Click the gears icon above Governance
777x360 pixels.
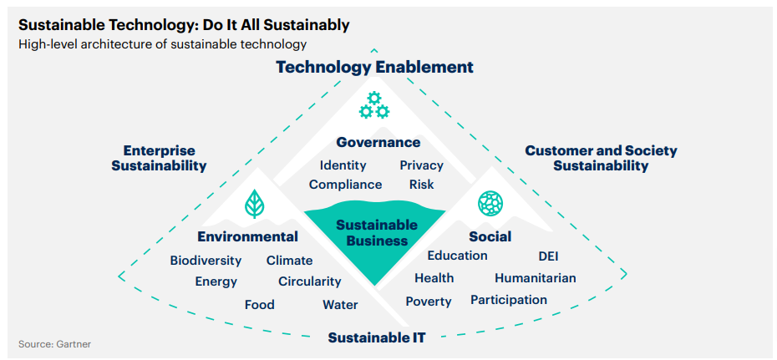coord(373,106)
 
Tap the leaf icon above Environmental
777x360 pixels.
coord(254,204)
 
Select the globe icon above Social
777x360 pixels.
coord(490,203)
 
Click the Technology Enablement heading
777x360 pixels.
coord(375,67)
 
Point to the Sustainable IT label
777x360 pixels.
coord(376,337)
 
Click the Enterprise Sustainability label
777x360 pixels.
coord(159,158)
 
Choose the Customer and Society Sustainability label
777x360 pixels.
coord(601,158)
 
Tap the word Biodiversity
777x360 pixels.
coord(206,261)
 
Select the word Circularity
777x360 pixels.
coord(309,281)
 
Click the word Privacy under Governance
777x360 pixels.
coord(421,165)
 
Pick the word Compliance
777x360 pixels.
coord(345,185)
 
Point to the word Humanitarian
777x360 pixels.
coord(535,277)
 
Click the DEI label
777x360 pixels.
coord(548,256)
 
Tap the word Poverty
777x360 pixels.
coord(428,302)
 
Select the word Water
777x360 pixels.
coord(340,305)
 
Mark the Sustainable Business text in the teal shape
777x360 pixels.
coord(376,233)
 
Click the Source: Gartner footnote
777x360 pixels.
coord(55,343)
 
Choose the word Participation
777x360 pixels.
coord(508,300)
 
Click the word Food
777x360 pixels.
coord(259,305)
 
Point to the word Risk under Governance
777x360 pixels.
coord(421,185)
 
